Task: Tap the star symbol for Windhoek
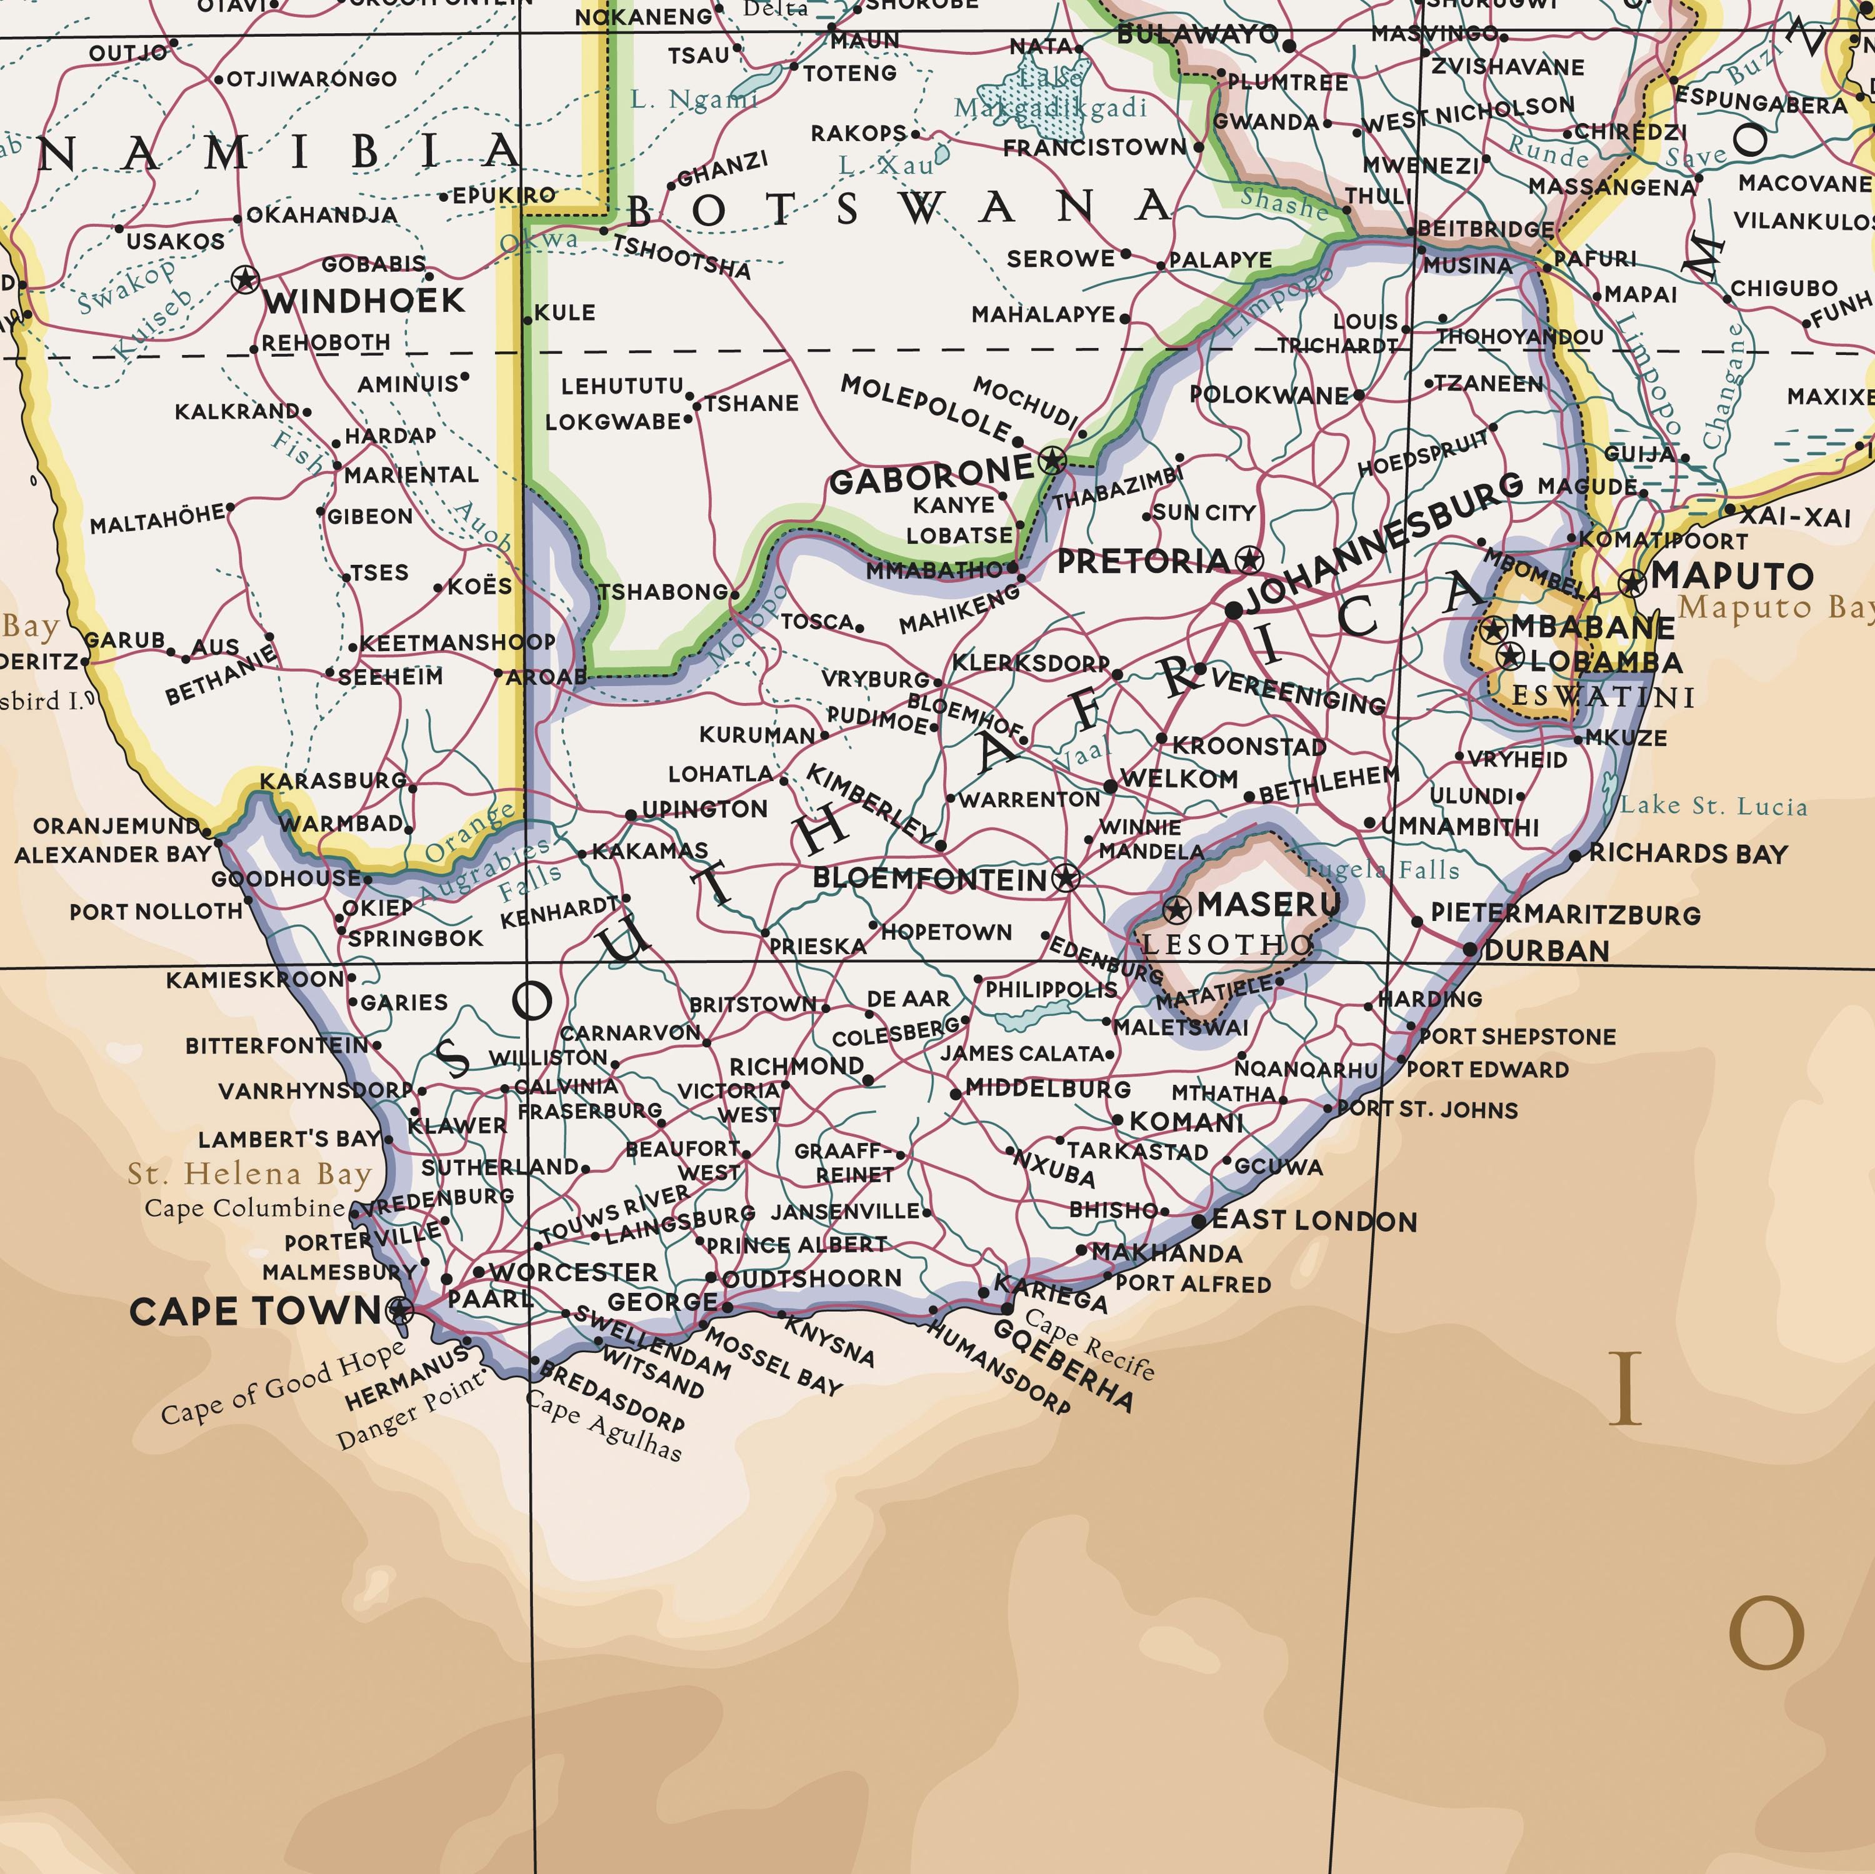(x=246, y=281)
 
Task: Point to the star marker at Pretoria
(x=1250, y=560)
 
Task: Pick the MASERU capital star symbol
(x=1176, y=909)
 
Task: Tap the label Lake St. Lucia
(x=1714, y=805)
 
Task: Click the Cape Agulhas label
(x=604, y=1425)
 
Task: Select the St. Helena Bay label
(x=251, y=1174)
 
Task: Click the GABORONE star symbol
(x=1053, y=461)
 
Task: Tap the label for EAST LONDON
(x=1314, y=1221)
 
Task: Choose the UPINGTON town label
(x=704, y=809)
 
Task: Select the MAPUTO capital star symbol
(x=1633, y=582)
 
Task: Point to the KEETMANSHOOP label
(x=457, y=642)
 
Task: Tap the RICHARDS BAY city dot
(x=1575, y=856)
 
